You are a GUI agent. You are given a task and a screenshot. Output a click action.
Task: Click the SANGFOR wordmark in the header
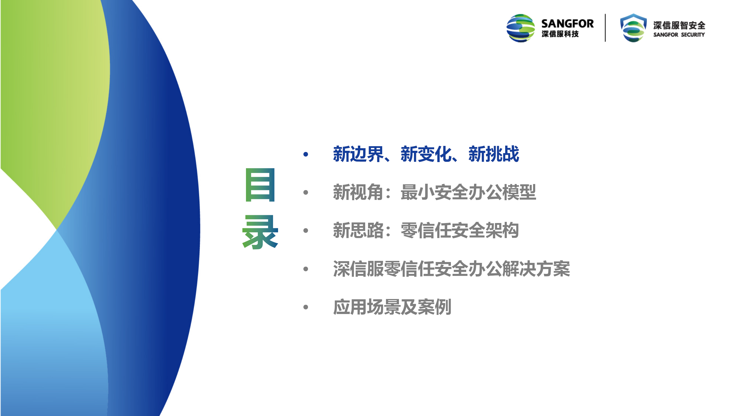click(x=567, y=24)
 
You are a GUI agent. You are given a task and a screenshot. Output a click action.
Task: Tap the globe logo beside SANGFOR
click(x=521, y=28)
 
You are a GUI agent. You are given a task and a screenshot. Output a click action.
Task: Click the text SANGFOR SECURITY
click(x=679, y=35)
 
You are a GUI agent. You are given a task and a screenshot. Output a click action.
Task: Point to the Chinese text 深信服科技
click(x=560, y=34)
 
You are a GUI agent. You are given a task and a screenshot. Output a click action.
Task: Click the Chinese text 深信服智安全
click(x=679, y=25)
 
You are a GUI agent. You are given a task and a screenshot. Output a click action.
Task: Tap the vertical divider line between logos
click(x=605, y=28)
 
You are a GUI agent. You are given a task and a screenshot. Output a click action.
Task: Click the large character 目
click(x=260, y=185)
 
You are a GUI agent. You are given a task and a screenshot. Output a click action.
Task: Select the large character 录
click(x=260, y=232)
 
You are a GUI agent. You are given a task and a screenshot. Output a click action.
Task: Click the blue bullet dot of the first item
click(x=306, y=154)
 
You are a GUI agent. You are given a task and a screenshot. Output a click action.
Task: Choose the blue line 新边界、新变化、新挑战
click(x=426, y=154)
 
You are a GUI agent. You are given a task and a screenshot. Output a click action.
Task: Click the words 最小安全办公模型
click(x=468, y=192)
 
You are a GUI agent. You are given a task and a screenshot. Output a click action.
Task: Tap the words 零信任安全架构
click(x=460, y=231)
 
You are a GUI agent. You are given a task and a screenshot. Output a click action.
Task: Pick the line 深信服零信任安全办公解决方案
click(x=451, y=269)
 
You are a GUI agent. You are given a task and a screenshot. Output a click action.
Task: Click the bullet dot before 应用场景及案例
click(x=306, y=307)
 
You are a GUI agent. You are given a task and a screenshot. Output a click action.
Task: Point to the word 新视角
click(x=358, y=192)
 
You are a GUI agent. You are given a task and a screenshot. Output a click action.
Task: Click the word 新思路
click(x=358, y=231)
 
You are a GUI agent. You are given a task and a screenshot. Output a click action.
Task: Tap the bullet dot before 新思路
click(x=306, y=231)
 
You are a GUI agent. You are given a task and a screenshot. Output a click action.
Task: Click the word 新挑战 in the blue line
click(x=494, y=154)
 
